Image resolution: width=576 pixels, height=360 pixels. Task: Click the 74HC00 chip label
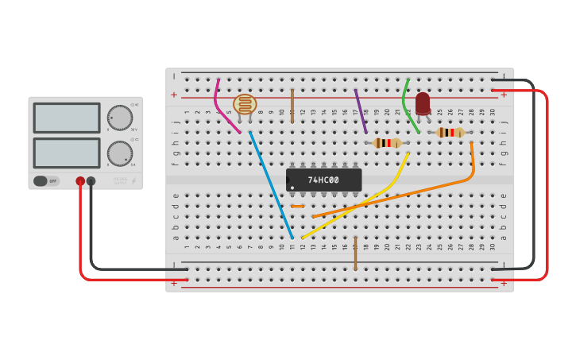[x=323, y=180]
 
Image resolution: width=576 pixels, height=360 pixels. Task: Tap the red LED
[x=423, y=103]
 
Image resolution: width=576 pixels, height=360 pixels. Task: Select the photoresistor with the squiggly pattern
[x=245, y=104]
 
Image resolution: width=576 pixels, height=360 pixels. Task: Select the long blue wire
[x=271, y=184]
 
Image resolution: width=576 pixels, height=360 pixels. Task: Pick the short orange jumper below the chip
[x=297, y=207]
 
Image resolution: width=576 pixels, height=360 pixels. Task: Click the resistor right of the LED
[x=450, y=133]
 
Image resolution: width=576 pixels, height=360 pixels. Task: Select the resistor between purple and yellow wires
[x=387, y=143]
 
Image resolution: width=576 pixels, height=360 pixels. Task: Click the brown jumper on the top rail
[x=292, y=105]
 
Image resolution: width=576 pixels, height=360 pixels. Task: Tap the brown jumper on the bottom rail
[x=355, y=253]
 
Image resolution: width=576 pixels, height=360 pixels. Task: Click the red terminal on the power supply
[x=80, y=181]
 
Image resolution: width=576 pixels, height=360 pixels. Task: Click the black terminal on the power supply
[x=91, y=181]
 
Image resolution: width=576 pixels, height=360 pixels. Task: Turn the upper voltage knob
[x=120, y=118]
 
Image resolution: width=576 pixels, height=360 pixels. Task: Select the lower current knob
[x=120, y=153]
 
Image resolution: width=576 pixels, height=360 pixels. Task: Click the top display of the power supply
[x=67, y=118]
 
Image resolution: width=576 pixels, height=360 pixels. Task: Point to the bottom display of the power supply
[x=67, y=153]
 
